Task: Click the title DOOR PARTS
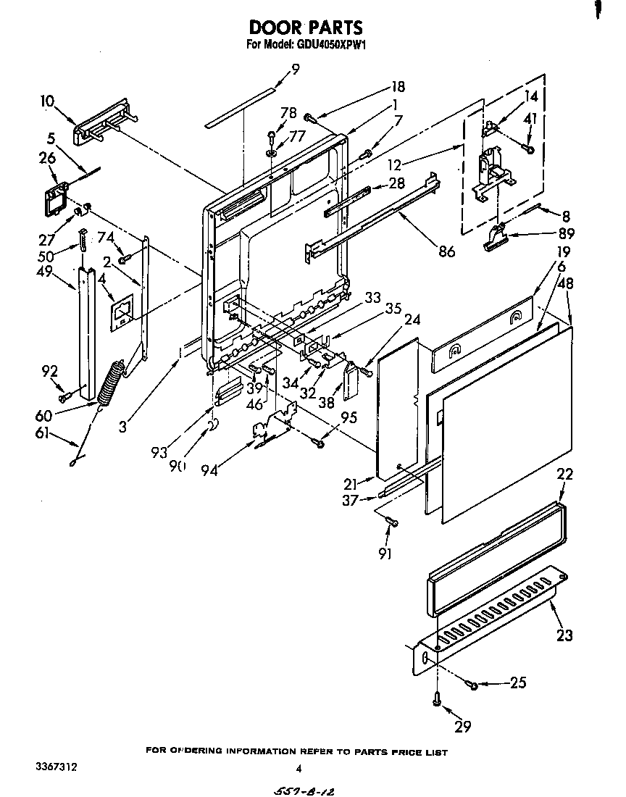click(305, 28)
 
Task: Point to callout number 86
click(446, 251)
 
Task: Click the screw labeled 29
click(437, 698)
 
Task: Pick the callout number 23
click(564, 635)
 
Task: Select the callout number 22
click(564, 475)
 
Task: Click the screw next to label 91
click(391, 521)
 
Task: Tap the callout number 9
click(295, 69)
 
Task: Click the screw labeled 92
click(64, 396)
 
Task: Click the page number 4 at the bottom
click(298, 769)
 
